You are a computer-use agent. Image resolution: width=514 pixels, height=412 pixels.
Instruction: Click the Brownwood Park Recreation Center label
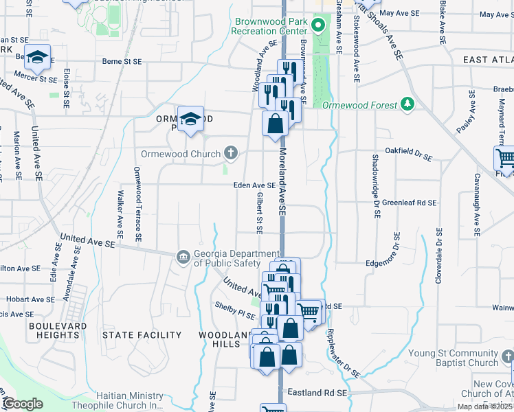(x=271, y=26)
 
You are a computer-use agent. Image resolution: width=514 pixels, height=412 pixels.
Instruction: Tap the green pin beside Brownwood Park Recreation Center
(x=317, y=27)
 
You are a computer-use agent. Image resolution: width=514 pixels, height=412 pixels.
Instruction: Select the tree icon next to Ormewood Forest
(x=408, y=104)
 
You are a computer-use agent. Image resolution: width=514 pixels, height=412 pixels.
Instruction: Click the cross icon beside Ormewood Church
(x=232, y=153)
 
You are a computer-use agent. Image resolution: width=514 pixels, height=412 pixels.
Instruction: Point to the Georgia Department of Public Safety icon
(x=183, y=257)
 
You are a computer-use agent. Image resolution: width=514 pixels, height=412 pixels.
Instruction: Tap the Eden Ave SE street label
(x=254, y=185)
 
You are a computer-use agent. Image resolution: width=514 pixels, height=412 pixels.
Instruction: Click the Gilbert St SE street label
(x=260, y=211)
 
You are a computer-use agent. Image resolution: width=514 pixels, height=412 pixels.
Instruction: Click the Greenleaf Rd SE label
(x=410, y=203)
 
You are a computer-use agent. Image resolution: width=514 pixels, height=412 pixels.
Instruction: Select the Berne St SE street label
(x=121, y=61)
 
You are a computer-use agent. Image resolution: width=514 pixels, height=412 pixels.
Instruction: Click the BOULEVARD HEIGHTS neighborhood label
(x=58, y=330)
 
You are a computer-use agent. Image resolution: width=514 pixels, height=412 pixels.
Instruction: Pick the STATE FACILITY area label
(x=142, y=335)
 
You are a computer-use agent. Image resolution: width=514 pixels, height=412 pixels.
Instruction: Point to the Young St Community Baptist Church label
(x=454, y=358)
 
